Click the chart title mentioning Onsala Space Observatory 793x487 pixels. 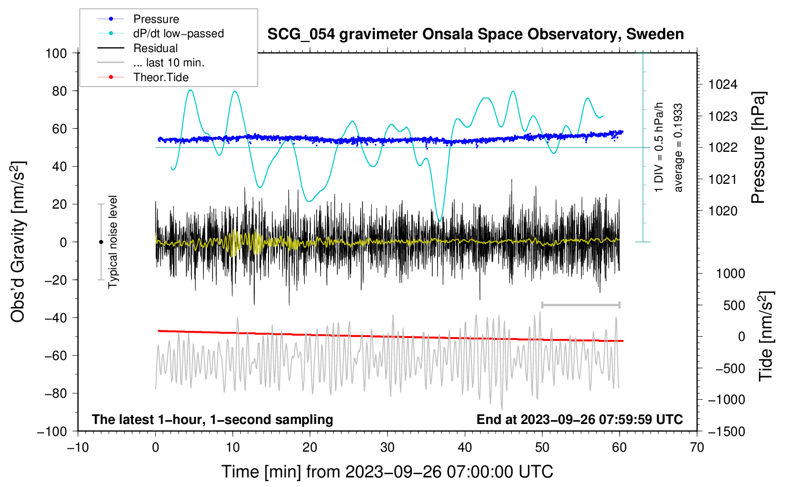[x=475, y=34]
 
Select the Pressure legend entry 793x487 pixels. [x=156, y=19]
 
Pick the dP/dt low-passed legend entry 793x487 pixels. [x=178, y=33]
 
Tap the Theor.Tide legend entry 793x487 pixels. [x=161, y=77]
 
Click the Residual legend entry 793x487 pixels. [x=155, y=48]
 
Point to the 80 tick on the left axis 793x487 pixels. [x=59, y=91]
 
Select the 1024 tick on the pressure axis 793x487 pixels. [x=723, y=85]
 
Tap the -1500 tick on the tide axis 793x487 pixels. [x=727, y=432]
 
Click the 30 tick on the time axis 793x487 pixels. [x=387, y=448]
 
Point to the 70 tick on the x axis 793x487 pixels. [x=697, y=448]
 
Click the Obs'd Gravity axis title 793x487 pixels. [x=18, y=242]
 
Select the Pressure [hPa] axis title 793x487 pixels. [x=758, y=148]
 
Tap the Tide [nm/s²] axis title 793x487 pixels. [x=766, y=336]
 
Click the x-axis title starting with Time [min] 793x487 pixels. [x=387, y=472]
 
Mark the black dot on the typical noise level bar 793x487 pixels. [x=101, y=242]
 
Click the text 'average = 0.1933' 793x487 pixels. [x=678, y=148]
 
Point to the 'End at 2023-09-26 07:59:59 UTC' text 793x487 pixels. [x=579, y=420]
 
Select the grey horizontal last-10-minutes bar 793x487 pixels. [x=580, y=305]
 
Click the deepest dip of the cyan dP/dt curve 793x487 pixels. [x=439, y=221]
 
